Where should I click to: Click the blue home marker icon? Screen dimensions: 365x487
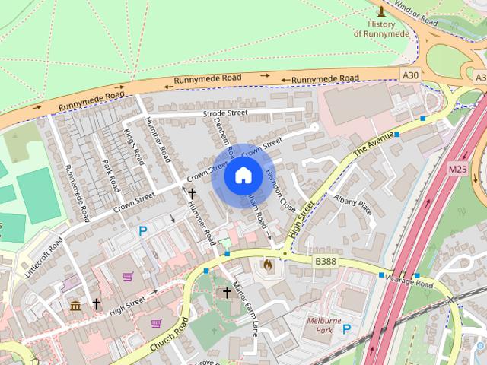click(x=243, y=176)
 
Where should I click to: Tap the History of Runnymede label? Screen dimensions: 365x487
click(x=381, y=29)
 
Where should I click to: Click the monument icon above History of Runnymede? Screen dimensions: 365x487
click(x=381, y=11)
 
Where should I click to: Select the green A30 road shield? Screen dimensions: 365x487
click(x=410, y=75)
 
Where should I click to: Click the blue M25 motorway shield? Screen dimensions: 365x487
click(x=458, y=168)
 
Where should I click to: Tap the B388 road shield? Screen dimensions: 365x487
click(x=325, y=261)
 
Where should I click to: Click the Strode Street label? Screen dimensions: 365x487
click(x=225, y=113)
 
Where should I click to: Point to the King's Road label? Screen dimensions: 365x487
click(x=134, y=147)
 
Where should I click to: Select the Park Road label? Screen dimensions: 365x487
click(x=111, y=176)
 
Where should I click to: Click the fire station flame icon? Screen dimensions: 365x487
click(x=268, y=265)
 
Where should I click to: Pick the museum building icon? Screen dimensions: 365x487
click(x=75, y=306)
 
